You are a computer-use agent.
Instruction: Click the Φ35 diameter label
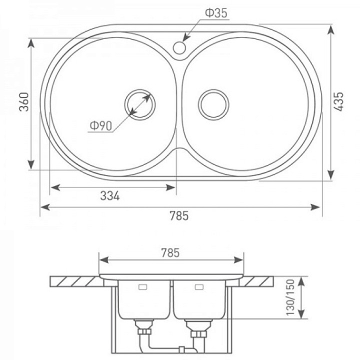(216, 13)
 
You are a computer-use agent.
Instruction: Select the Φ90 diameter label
(101, 125)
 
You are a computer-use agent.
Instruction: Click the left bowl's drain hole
(140, 104)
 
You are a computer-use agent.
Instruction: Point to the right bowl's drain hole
(213, 104)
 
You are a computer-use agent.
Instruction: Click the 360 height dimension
(24, 102)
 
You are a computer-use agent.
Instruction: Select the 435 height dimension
(338, 101)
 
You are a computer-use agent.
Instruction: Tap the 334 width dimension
(110, 196)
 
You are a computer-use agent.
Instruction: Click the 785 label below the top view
(179, 216)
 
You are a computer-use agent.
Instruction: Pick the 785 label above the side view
(170, 253)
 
